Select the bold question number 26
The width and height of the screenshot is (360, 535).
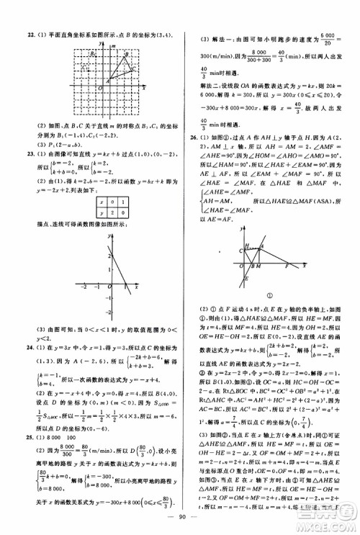(191, 136)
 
